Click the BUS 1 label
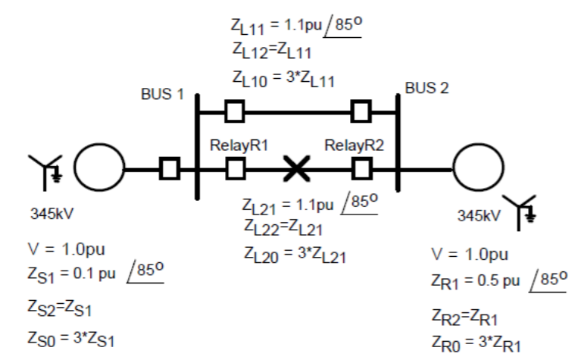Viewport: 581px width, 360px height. point(162,95)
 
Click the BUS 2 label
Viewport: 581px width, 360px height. point(426,88)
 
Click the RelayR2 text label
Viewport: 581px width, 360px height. point(355,146)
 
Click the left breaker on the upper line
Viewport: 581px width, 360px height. point(235,112)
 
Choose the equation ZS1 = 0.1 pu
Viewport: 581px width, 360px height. point(95,273)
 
